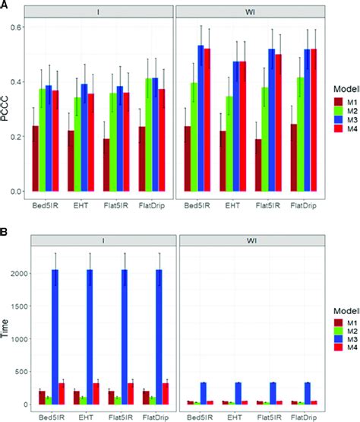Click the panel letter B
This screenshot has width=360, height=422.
(5, 226)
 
